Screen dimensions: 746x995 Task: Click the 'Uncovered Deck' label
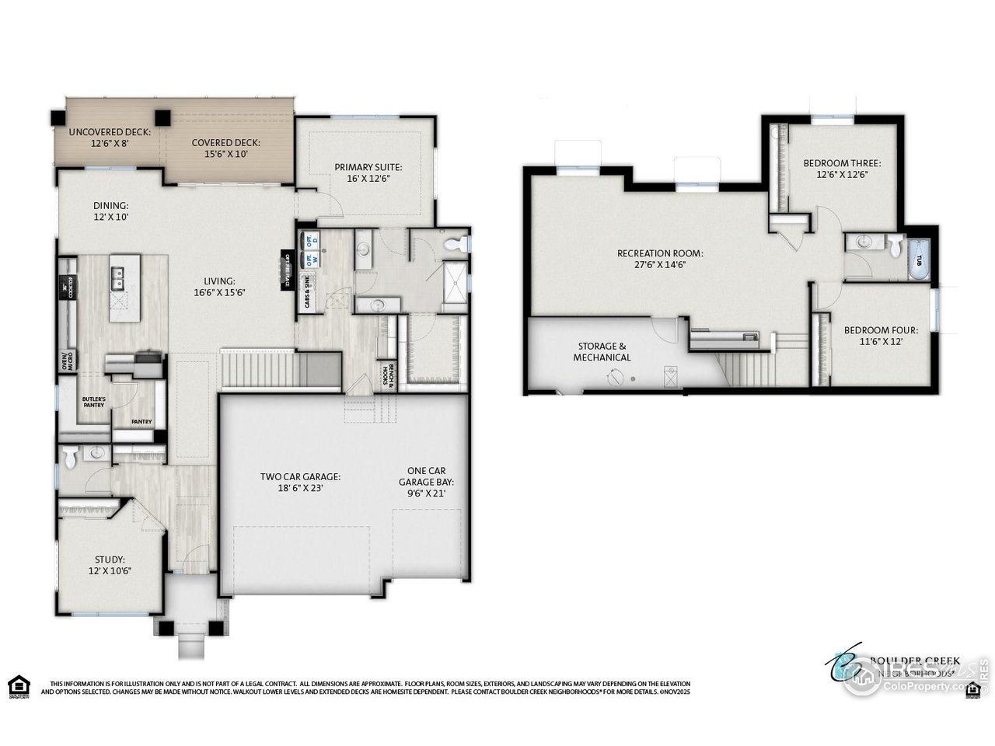(110, 131)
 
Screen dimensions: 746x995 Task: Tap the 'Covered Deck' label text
(225, 143)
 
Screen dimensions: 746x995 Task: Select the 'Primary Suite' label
(368, 166)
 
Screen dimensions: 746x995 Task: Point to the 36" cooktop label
(69, 287)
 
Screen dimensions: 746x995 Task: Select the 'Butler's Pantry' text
(94, 402)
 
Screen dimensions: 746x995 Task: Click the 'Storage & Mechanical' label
(602, 351)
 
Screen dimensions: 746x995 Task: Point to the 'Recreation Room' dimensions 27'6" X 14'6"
(660, 264)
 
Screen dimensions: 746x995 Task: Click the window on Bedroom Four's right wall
(935, 308)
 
